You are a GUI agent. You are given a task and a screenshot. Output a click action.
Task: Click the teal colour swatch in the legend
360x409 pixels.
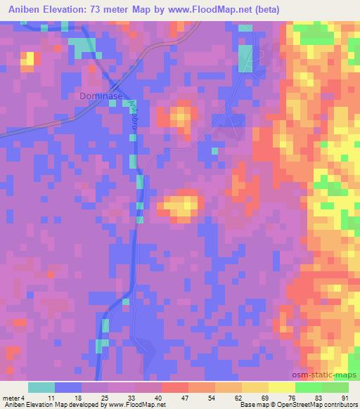tap(41, 387)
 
